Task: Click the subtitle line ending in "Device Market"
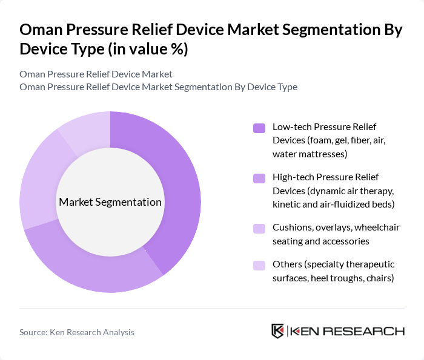(96, 74)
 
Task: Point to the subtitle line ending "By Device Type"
(158, 87)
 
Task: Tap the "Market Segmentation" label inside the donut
(110, 202)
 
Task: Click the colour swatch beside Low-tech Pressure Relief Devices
(259, 128)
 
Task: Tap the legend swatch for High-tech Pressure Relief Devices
(259, 178)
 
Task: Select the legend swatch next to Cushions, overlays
(259, 228)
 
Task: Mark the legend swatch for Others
(259, 265)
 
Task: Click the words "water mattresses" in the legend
(310, 154)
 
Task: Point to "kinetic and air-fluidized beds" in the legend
(333, 204)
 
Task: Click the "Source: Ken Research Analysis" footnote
(77, 332)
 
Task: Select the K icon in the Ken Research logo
(277, 331)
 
